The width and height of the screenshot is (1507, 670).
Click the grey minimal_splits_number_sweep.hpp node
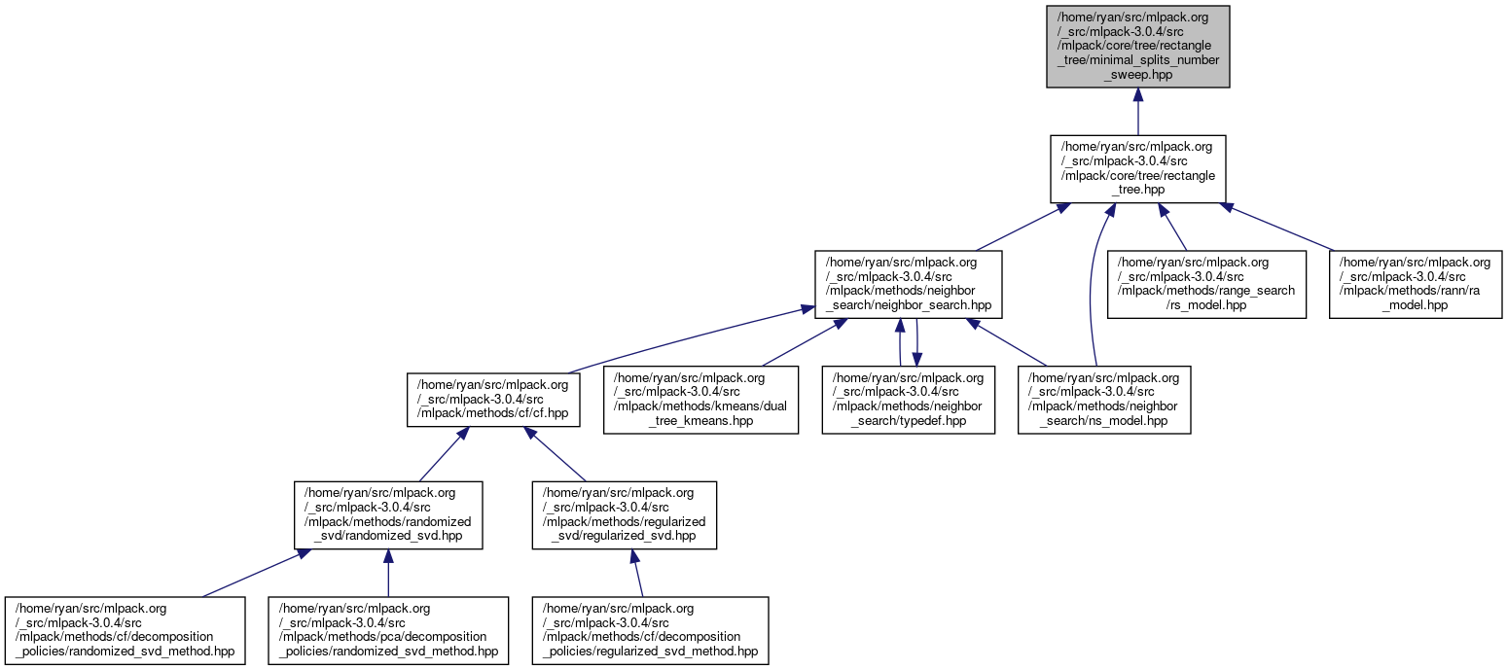coord(1137,47)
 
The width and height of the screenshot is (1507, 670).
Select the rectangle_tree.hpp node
coord(1137,169)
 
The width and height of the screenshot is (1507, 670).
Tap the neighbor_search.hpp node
coord(908,283)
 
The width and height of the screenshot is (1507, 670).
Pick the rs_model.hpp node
coord(1206,283)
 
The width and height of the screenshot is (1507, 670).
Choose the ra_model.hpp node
coord(1416,283)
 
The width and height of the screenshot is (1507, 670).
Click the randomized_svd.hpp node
coord(388,513)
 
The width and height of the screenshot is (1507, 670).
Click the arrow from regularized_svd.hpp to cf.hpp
coord(557,455)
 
